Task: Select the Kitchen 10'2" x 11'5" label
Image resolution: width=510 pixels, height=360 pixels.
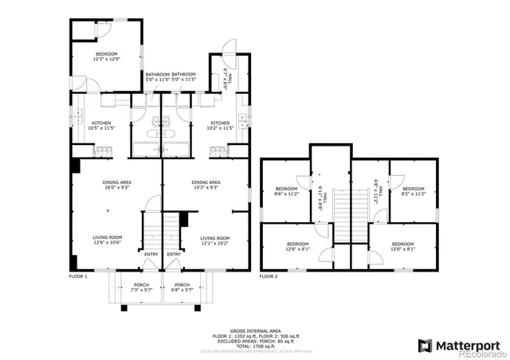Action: coord(219,125)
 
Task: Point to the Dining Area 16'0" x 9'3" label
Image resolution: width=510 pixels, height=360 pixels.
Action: coord(116,185)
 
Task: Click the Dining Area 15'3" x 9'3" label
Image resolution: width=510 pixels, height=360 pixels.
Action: coord(206,185)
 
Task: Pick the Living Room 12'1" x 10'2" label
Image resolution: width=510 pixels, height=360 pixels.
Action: coord(214,240)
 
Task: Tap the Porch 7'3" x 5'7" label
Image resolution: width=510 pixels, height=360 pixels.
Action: coord(141,287)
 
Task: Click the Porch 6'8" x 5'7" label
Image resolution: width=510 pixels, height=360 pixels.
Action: coord(182,287)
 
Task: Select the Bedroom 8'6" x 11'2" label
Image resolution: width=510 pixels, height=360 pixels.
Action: coord(285,191)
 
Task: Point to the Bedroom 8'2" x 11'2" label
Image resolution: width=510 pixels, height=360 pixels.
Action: coord(412,191)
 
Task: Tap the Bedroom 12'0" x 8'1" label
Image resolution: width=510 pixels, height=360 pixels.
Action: coord(402,246)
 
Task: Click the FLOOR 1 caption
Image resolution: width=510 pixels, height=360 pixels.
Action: coord(78,276)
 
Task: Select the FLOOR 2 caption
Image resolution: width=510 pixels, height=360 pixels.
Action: coord(269,276)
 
